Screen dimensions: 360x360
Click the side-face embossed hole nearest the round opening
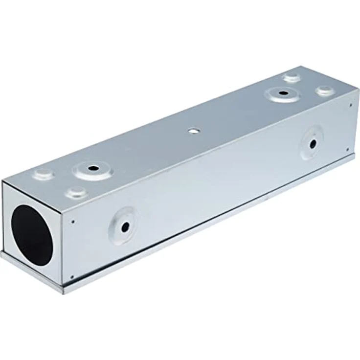click(125, 226)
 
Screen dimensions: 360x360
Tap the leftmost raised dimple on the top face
click(44, 173)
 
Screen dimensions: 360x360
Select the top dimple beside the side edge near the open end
click(77, 191)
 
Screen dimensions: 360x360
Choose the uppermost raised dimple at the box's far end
click(292, 77)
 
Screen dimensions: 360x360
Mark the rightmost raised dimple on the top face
click(324, 90)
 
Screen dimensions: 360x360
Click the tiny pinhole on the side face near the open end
click(73, 222)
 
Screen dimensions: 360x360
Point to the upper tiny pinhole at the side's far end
click(351, 103)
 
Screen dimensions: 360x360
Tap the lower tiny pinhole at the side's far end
click(347, 150)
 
